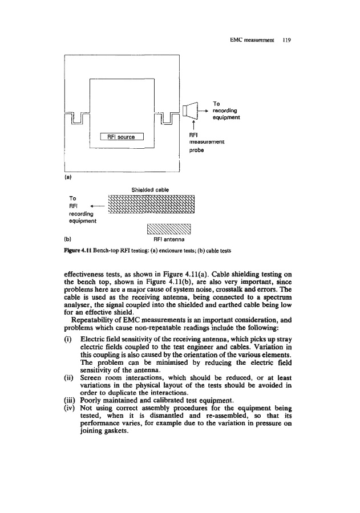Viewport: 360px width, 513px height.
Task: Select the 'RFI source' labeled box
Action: pos(122,136)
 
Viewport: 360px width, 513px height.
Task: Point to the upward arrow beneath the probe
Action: pos(195,126)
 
